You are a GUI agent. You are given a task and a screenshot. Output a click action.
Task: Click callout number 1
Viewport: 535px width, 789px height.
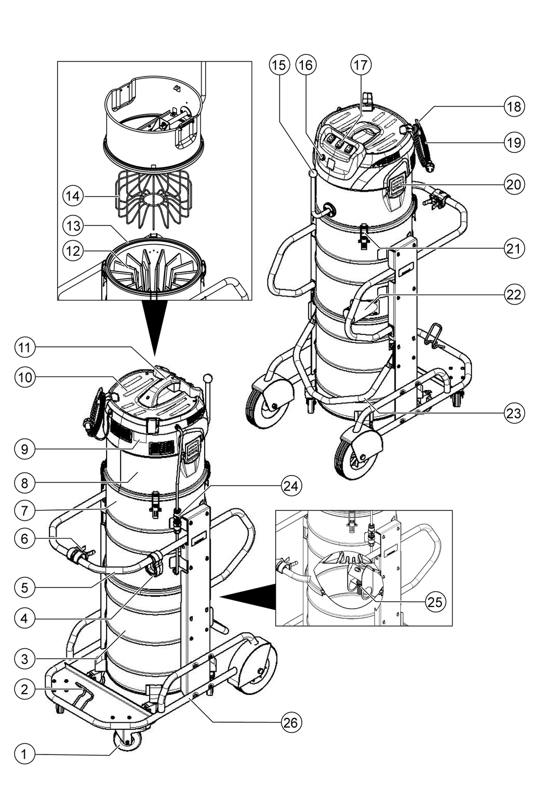tap(24, 754)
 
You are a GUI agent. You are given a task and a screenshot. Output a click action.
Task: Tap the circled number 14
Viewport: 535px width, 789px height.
tap(73, 195)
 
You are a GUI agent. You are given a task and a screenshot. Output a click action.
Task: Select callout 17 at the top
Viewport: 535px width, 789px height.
tap(360, 65)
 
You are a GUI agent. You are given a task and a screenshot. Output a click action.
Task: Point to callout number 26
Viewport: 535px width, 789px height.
tap(291, 722)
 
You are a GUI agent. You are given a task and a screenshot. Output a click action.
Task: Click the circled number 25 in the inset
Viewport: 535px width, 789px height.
tap(435, 602)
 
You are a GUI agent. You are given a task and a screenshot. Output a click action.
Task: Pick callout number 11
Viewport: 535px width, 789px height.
tap(24, 348)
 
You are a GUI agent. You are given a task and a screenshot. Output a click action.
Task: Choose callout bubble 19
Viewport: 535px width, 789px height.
tap(514, 142)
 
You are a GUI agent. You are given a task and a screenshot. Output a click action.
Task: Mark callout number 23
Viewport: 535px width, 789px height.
tap(514, 413)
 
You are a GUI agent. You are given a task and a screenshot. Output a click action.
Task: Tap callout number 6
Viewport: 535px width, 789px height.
tap(24, 537)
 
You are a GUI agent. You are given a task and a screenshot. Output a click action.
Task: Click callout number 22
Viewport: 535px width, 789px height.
tap(514, 294)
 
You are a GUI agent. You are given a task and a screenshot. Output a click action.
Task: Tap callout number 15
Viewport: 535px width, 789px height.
tap(279, 65)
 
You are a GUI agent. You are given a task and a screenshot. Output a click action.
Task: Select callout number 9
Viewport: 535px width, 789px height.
tap(24, 449)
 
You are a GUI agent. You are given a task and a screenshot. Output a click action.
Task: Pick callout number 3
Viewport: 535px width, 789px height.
tap(24, 658)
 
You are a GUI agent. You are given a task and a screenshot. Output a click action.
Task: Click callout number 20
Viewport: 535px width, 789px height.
tap(514, 184)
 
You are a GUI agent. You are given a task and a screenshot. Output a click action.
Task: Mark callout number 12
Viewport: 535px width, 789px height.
tap(73, 250)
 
